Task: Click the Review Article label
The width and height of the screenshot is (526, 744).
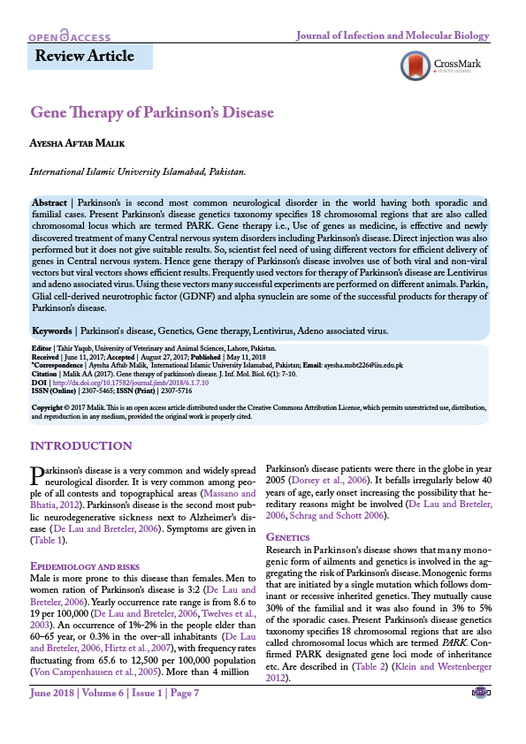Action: (x=84, y=57)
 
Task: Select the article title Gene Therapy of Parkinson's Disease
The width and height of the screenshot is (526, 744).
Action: (x=152, y=113)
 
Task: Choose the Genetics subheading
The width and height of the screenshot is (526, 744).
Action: (x=287, y=537)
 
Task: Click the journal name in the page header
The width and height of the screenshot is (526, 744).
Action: (x=391, y=36)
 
